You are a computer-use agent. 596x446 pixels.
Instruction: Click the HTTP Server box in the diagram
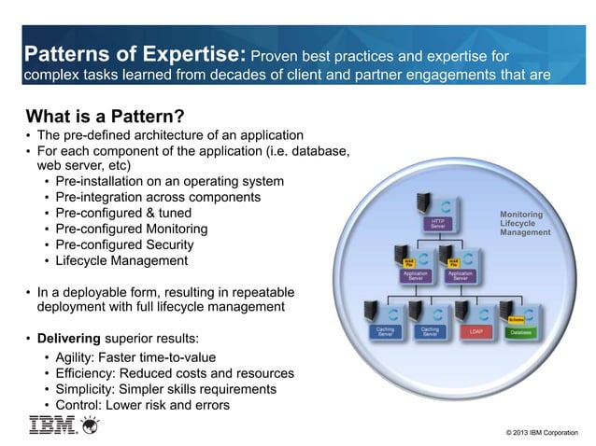pyautogui.click(x=437, y=224)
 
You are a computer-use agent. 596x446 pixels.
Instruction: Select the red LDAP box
pyautogui.click(x=476, y=331)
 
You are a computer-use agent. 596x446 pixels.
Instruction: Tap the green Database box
pyautogui.click(x=521, y=331)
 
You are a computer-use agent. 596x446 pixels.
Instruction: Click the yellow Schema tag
pyautogui.click(x=515, y=319)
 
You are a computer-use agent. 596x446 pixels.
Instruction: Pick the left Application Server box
pyautogui.click(x=415, y=275)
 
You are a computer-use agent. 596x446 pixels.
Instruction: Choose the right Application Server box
pyautogui.click(x=460, y=275)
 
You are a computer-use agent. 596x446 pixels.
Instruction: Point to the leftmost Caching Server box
pyautogui.click(x=385, y=331)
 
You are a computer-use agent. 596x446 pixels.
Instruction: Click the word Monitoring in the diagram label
pyautogui.click(x=521, y=215)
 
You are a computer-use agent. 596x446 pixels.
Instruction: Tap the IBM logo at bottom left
pyautogui.click(x=52, y=426)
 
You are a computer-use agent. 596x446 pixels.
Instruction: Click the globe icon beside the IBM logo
pyautogui.click(x=90, y=426)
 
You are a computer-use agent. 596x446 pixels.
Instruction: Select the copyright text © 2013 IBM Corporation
pyautogui.click(x=541, y=432)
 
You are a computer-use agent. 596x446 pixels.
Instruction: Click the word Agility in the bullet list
pyautogui.click(x=78, y=357)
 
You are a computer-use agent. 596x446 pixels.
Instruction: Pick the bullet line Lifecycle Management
pyautogui.click(x=121, y=261)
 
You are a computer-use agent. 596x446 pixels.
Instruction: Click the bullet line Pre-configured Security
pyautogui.click(x=127, y=245)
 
